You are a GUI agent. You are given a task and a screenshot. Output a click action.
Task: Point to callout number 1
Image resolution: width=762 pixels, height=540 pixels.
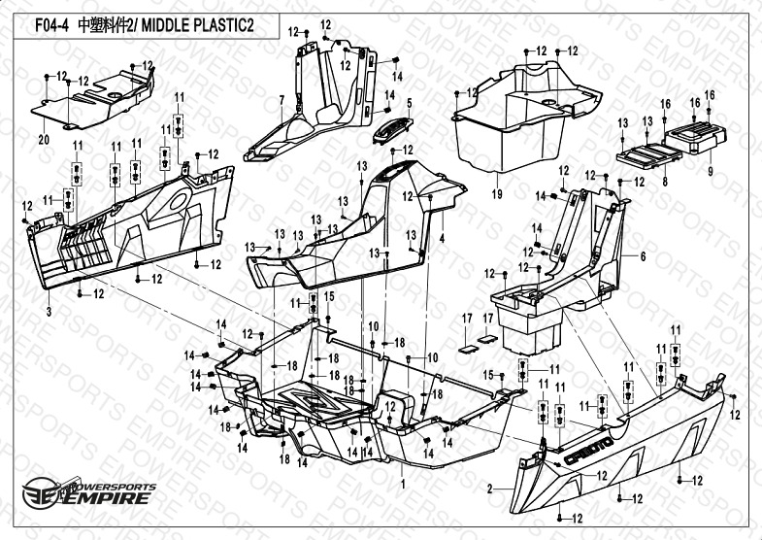click(402, 483)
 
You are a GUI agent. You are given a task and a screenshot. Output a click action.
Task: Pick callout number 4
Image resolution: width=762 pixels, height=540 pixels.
click(442, 238)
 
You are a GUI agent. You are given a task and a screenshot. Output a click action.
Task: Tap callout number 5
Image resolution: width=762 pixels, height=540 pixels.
click(410, 102)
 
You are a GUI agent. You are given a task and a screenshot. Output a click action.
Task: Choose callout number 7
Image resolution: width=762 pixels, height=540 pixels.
click(281, 100)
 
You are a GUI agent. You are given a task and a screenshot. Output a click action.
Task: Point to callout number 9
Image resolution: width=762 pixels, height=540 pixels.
click(710, 171)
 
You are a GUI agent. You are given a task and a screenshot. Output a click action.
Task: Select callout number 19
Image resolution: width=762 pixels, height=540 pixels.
click(497, 194)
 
